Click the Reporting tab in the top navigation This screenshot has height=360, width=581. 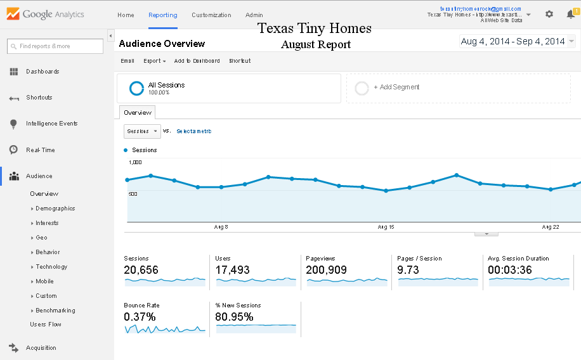(162, 15)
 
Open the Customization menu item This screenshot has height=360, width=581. (211, 15)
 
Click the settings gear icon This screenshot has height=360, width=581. (549, 14)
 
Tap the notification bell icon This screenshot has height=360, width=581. (570, 14)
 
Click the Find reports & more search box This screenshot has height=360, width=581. (55, 46)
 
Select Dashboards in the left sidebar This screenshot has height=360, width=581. (42, 72)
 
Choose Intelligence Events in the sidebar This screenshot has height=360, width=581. (51, 124)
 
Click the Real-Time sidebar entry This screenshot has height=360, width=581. (40, 150)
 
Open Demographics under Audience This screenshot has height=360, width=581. (55, 209)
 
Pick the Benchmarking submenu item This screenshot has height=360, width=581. (55, 311)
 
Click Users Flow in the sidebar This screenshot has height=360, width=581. (46, 325)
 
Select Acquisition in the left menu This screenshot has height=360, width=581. (41, 348)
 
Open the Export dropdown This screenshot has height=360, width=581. (154, 61)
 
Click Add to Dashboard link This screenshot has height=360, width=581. (197, 61)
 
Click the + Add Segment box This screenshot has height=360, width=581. (458, 87)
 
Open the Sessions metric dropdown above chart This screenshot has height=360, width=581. (142, 131)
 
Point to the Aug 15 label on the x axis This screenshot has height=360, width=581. (386, 227)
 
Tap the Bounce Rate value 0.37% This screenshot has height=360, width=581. (140, 317)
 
